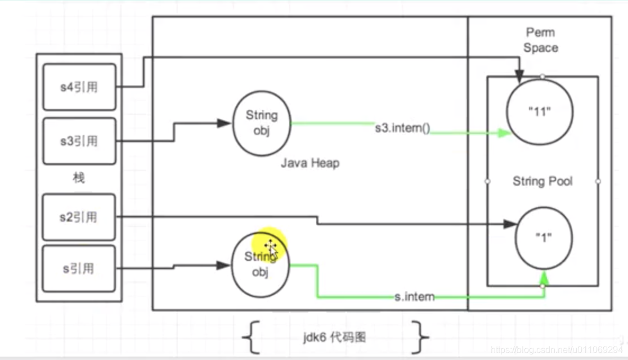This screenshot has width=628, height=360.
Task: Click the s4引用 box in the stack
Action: click(79, 88)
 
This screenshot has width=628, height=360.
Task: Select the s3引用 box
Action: click(79, 141)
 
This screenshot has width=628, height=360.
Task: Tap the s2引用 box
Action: click(79, 217)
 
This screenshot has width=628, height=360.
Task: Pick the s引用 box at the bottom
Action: click(79, 268)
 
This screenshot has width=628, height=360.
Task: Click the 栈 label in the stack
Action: click(79, 179)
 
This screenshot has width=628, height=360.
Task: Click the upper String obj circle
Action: click(262, 123)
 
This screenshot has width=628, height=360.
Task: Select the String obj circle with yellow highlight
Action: click(260, 266)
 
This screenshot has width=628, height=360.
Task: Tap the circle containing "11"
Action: click(540, 111)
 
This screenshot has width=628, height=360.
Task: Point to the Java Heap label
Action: click(310, 163)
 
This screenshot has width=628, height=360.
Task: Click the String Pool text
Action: click(542, 181)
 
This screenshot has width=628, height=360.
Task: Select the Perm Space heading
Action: click(540, 40)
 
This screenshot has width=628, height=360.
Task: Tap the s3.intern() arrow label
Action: click(402, 128)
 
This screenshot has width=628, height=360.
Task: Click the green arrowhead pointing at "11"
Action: click(504, 134)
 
